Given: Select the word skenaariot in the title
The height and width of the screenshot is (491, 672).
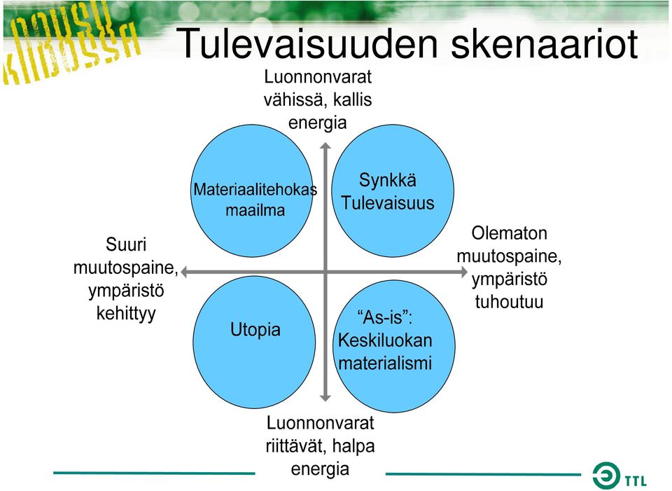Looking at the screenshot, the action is tap(545, 43).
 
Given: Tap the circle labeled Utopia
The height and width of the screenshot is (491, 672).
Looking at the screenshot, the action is tap(255, 342).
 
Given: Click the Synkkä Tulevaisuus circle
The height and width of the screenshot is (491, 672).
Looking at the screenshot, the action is tap(393, 191).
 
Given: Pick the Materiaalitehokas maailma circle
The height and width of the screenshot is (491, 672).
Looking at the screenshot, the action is tap(252, 191).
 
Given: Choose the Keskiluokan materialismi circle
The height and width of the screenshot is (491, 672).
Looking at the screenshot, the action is tap(394, 346).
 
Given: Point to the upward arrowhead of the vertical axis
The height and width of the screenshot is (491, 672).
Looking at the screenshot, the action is tap(325, 146).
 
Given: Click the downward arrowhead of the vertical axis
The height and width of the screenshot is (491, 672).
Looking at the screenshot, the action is tap(325, 398).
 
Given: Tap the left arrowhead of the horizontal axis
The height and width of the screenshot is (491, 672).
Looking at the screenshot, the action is tap(184, 272).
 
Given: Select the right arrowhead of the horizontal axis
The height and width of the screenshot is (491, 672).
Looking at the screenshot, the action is tap(463, 272).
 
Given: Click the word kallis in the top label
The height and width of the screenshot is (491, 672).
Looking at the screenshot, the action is tap(352, 100).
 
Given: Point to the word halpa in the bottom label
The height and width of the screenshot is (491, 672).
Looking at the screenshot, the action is tap(353, 446).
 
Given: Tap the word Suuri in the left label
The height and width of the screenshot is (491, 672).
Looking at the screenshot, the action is tap(126, 245).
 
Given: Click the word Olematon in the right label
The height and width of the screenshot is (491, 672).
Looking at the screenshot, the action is tap(509, 233).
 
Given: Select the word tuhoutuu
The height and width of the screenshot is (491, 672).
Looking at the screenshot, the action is tap(509, 301).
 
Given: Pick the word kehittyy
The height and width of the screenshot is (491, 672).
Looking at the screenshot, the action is tap(126, 314).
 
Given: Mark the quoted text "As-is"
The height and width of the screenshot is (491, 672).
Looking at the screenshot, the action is tap(384, 317).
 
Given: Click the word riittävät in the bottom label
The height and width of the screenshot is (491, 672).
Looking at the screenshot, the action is tap(295, 446).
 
